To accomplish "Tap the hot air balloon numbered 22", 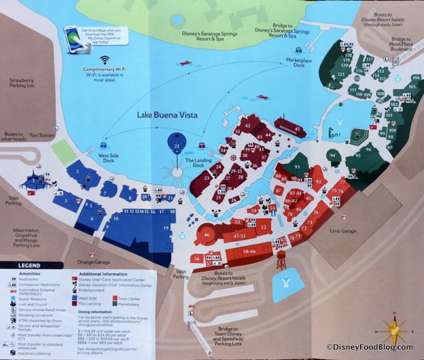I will click(x=176, y=145).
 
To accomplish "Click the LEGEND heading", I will click(x=28, y=265).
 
